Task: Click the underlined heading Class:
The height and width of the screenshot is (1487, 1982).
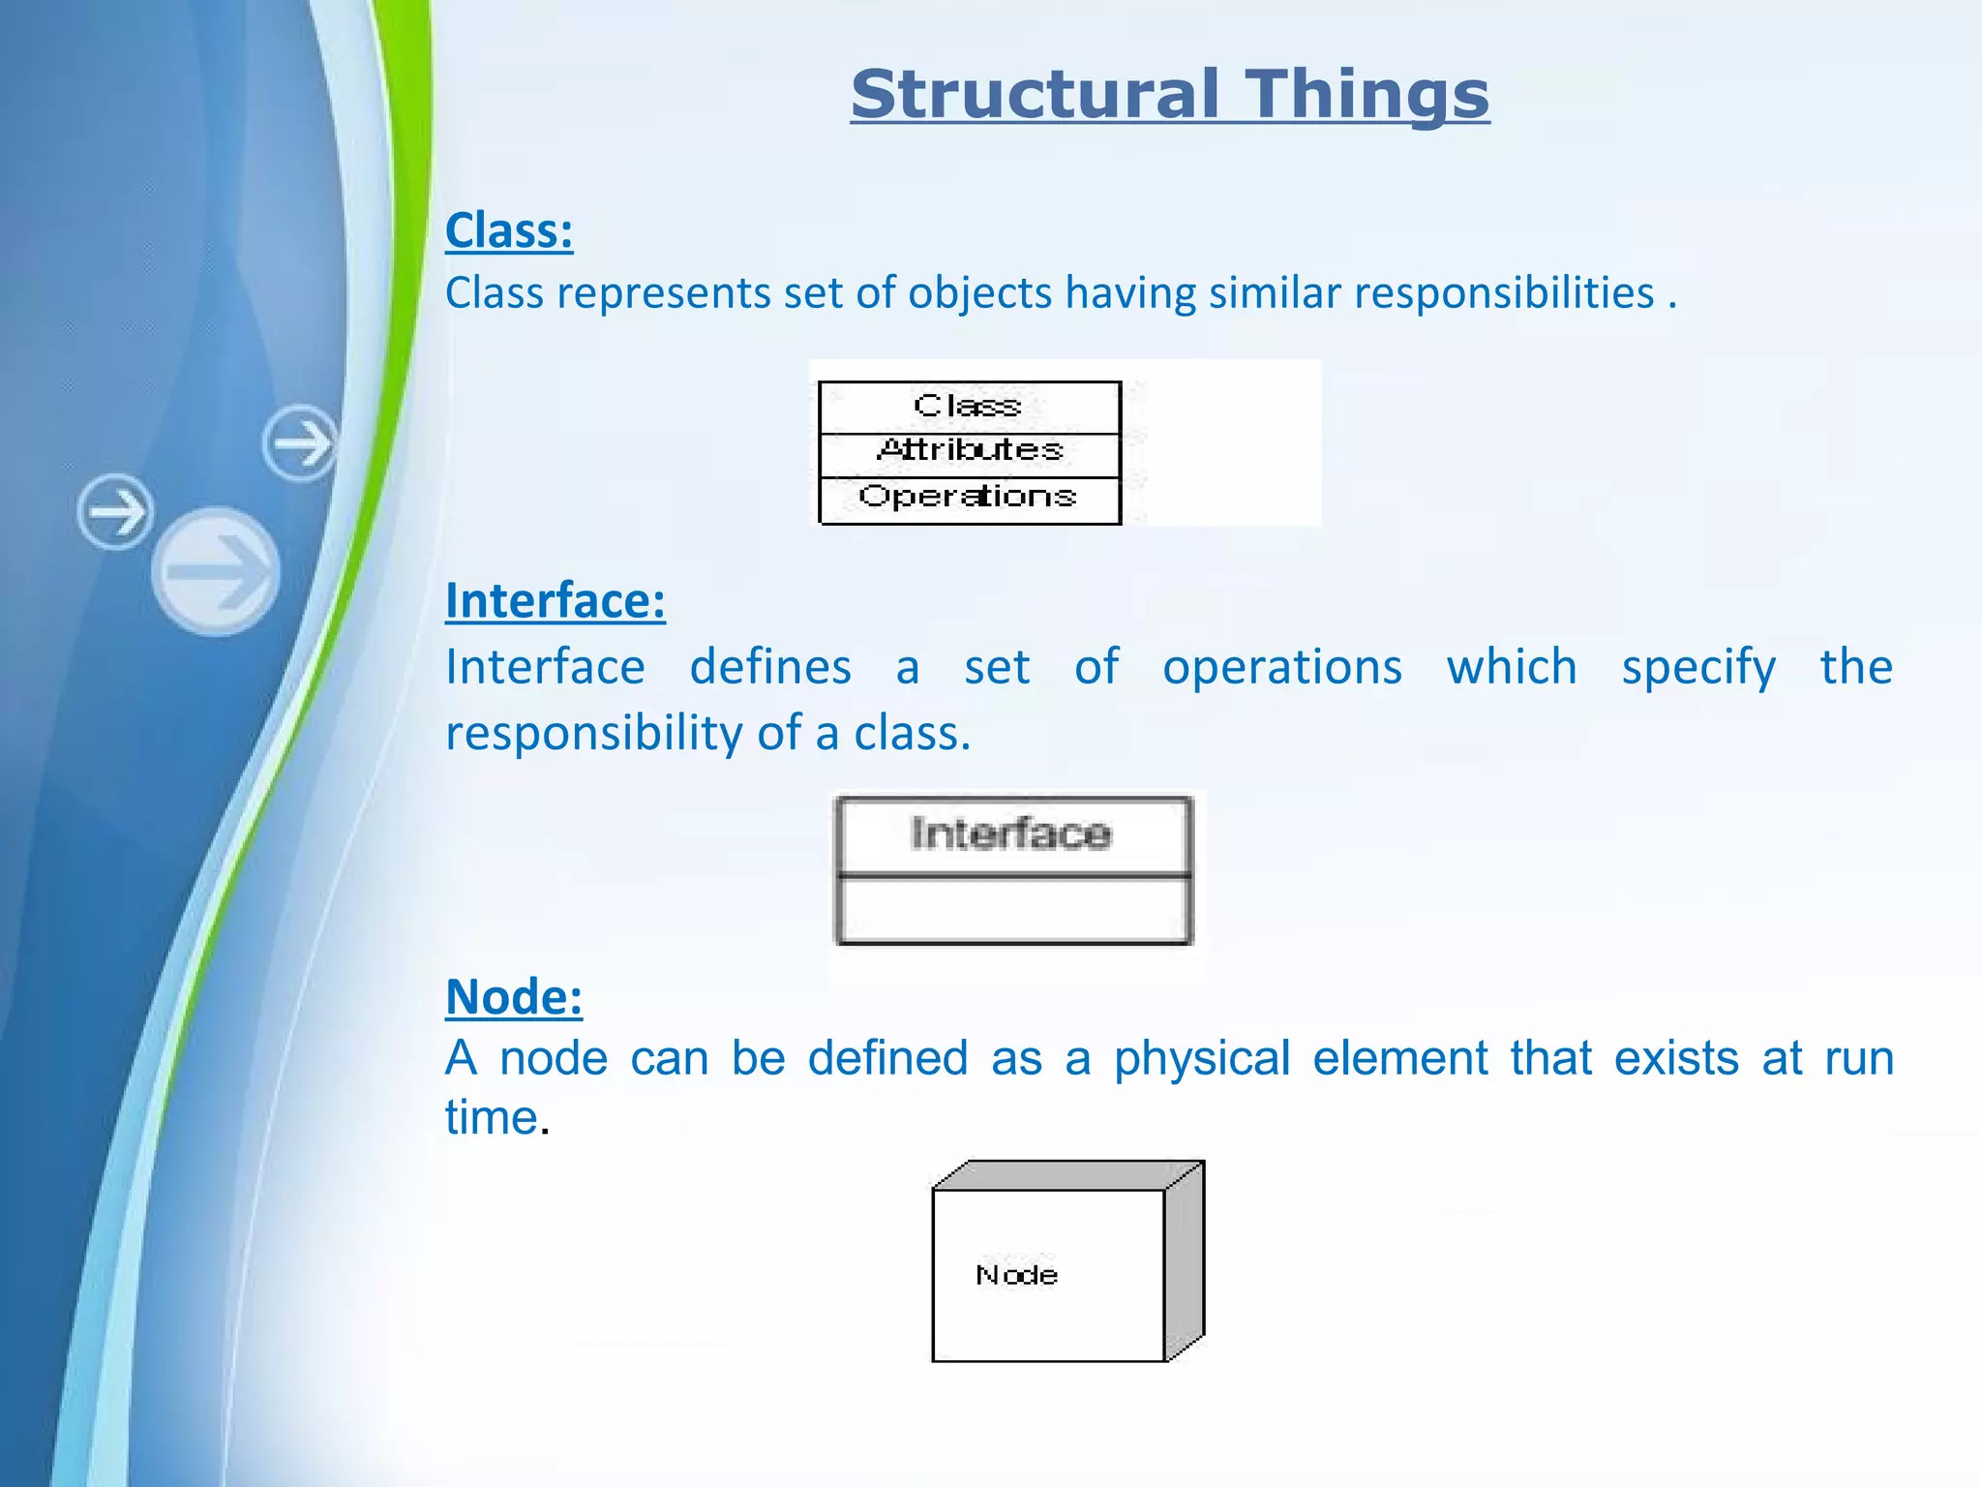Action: (509, 230)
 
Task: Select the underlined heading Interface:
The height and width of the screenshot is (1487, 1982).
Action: (556, 600)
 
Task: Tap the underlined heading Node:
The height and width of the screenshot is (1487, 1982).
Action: (514, 996)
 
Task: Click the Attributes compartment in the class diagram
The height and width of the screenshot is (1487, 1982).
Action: (970, 451)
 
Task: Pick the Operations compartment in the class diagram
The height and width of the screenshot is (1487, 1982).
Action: (968, 498)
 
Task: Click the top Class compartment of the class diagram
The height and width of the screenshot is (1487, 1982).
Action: (968, 406)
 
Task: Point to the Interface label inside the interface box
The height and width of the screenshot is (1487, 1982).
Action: (1011, 834)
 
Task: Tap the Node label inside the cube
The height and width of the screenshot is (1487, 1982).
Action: (1016, 1275)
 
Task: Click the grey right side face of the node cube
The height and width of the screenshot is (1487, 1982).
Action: (1185, 1261)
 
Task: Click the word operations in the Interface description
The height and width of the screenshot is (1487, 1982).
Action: (1281, 667)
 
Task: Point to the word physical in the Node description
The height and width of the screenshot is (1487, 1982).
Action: (1202, 1057)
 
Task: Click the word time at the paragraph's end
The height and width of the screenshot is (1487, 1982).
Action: (491, 1117)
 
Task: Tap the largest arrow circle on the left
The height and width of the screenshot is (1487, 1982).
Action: (216, 571)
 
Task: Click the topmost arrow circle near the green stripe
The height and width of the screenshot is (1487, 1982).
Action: (301, 443)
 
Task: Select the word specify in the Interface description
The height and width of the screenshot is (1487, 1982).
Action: (1698, 667)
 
